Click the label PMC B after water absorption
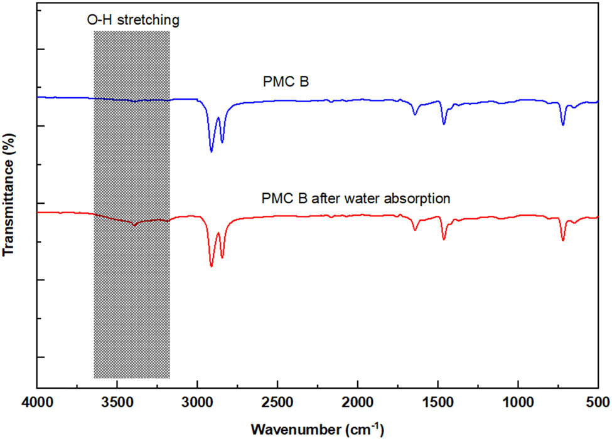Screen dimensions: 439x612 coord(355,198)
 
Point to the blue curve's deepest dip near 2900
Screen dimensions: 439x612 coord(212,151)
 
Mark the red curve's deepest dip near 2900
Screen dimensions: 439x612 coord(212,266)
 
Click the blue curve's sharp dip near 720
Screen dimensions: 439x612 coord(563,124)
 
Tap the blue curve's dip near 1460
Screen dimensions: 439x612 coord(444,124)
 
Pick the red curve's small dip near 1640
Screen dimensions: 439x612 coord(415,230)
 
